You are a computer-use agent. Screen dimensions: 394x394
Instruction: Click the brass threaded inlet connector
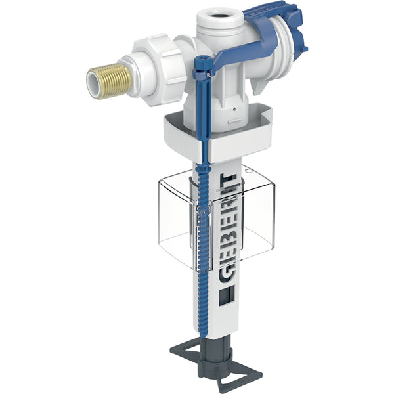pos(110,81)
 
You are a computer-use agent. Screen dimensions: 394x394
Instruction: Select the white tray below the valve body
pos(217,136)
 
